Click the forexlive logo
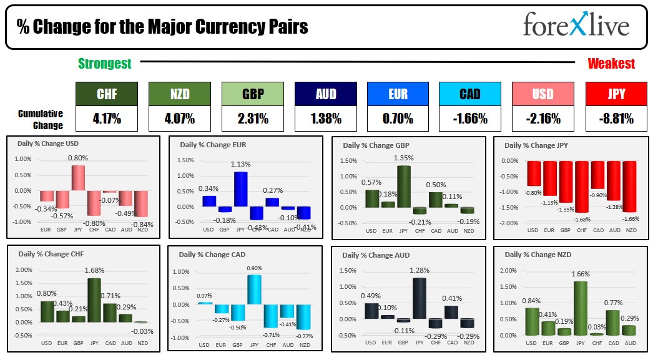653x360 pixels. (576, 26)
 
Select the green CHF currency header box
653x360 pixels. (107, 94)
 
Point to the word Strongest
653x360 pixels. (104, 64)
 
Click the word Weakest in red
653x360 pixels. (611, 64)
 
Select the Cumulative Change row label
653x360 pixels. (41, 119)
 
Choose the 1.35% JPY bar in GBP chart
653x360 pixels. (404, 186)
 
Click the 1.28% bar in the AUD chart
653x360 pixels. (420, 298)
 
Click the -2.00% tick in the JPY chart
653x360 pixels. (509, 223)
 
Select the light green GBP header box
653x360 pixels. (252, 94)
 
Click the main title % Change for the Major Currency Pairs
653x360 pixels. (162, 27)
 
